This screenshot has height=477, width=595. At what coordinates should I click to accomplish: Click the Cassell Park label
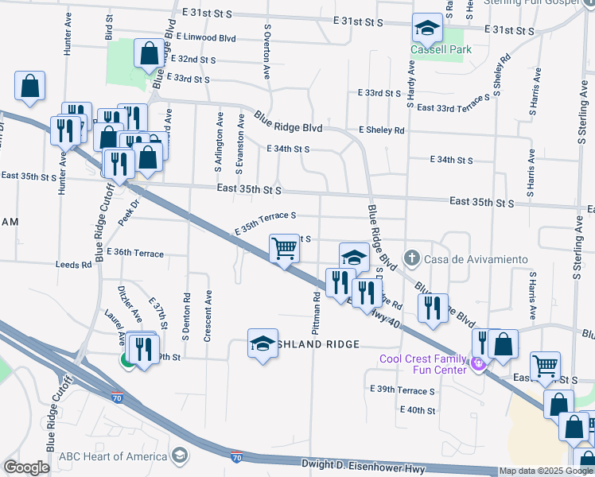pyautogui.click(x=441, y=49)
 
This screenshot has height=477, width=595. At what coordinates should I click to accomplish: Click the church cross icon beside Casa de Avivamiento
pyautogui.click(x=411, y=258)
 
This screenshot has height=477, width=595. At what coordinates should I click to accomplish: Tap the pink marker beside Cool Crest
pyautogui.click(x=477, y=364)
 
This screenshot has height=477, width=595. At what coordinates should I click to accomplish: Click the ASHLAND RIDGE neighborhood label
pyautogui.click(x=319, y=344)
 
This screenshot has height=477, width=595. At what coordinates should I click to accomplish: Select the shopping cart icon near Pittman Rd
pyautogui.click(x=284, y=249)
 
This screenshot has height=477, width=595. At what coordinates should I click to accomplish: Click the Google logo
pyautogui.click(x=26, y=467)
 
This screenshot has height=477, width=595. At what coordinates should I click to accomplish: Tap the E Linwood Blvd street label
pyautogui.click(x=206, y=37)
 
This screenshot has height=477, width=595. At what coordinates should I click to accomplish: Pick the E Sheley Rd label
pyautogui.click(x=381, y=130)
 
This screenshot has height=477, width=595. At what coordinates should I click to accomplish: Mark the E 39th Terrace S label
pyautogui.click(x=402, y=390)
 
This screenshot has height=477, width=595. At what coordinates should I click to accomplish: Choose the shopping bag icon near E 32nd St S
pyautogui.click(x=149, y=55)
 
